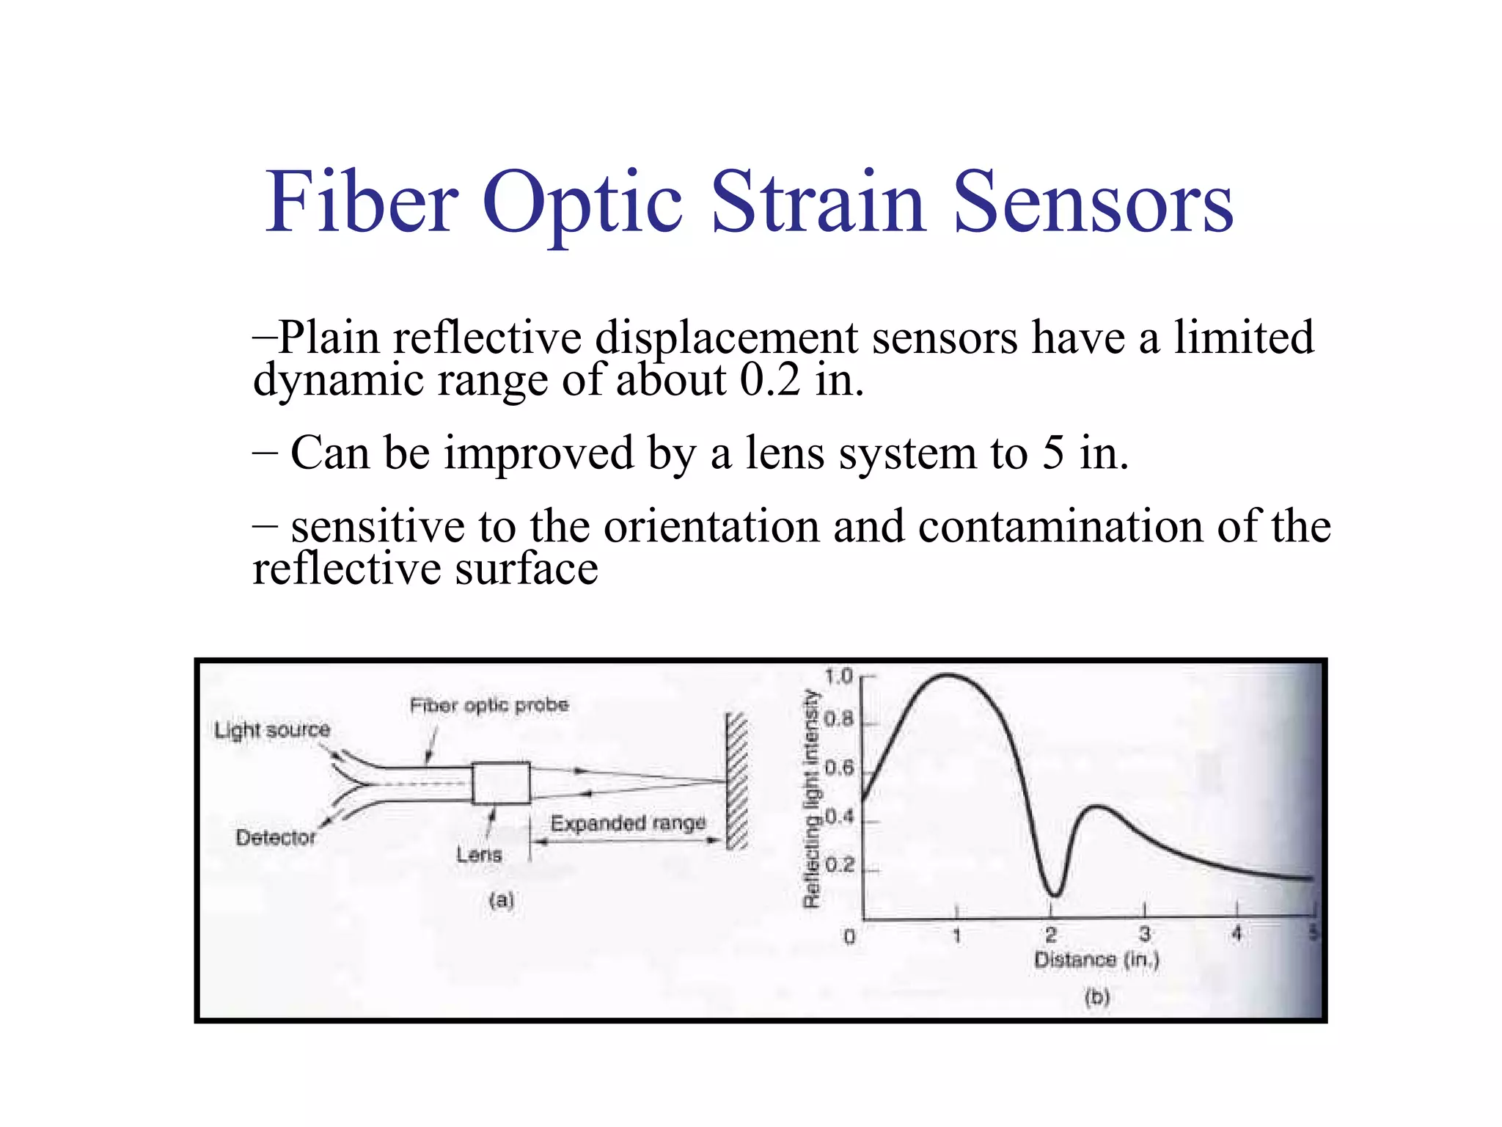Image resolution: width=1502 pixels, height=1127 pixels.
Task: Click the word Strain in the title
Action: click(817, 202)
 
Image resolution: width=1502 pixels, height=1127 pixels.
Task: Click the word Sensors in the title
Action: click(1093, 202)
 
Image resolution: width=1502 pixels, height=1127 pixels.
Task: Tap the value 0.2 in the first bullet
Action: click(769, 380)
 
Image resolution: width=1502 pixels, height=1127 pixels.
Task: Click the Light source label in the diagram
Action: click(272, 730)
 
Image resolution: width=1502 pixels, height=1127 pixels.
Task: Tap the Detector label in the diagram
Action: click(276, 837)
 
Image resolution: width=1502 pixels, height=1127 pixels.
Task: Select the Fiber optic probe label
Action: click(489, 705)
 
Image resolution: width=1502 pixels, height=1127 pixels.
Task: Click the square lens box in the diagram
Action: click(501, 784)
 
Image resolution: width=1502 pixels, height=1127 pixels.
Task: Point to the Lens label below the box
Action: click(480, 854)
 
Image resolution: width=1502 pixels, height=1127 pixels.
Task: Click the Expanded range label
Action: click(628, 823)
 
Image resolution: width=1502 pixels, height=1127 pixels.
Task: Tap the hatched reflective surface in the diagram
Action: click(736, 781)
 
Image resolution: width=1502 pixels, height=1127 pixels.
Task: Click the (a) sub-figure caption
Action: click(502, 900)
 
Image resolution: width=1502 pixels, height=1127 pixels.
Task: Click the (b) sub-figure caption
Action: click(1097, 997)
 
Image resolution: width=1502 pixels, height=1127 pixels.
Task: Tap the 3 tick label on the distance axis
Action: click(1145, 934)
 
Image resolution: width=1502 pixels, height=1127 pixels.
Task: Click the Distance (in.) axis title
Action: click(1096, 960)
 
